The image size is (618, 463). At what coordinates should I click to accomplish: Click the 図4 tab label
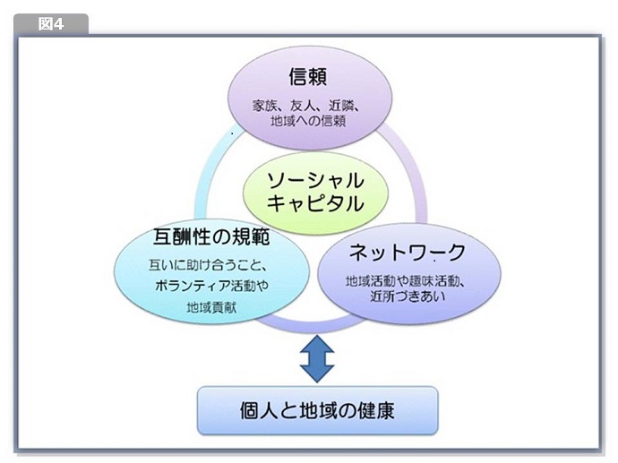[x=50, y=24]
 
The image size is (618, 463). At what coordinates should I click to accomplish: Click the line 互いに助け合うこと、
[x=209, y=266]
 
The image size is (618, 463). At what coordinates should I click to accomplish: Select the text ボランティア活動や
[x=209, y=287]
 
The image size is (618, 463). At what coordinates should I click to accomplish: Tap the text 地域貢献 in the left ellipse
[x=210, y=307]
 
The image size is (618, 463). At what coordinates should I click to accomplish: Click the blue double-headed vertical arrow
[x=315, y=357]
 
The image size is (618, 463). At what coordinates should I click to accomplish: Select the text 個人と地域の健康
[x=317, y=410]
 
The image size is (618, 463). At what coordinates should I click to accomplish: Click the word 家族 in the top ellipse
[x=266, y=104]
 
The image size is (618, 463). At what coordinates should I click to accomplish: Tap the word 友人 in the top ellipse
[x=302, y=104]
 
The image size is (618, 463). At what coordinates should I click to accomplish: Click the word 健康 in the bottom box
[x=376, y=410]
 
